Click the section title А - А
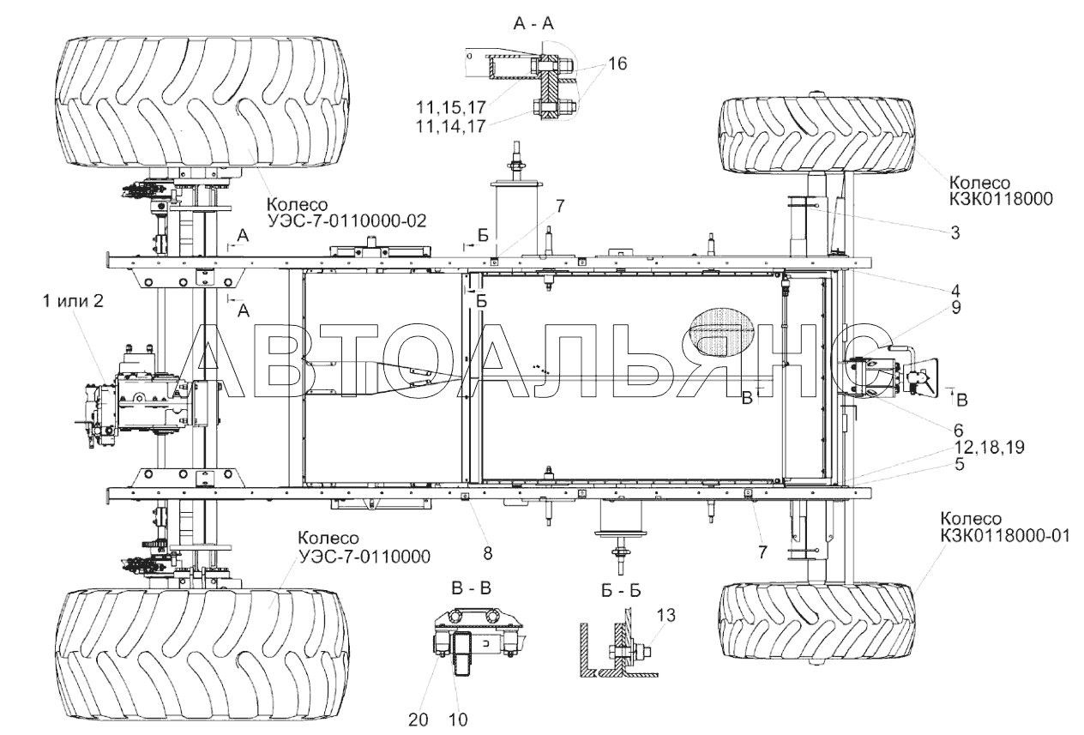click(533, 23)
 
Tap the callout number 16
click(617, 63)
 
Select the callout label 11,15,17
click(450, 107)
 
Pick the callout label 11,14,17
click(450, 126)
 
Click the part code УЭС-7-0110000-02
click(346, 221)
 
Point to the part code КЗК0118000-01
click(1005, 535)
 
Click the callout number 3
click(955, 232)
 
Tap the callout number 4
click(955, 291)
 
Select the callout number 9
click(955, 308)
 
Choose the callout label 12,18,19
click(989, 447)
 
